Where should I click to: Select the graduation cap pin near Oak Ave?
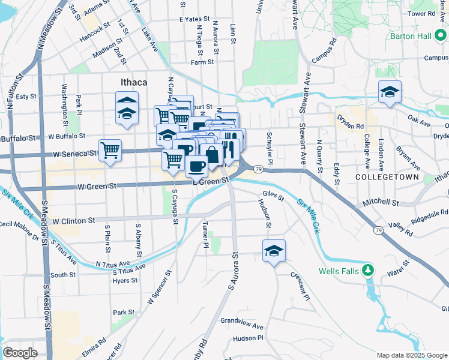click(x=390, y=92)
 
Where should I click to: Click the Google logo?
click(x=20, y=353)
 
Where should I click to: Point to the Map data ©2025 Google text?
click(x=412, y=355)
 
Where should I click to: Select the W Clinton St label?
click(x=74, y=221)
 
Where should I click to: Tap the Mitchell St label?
click(x=380, y=203)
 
